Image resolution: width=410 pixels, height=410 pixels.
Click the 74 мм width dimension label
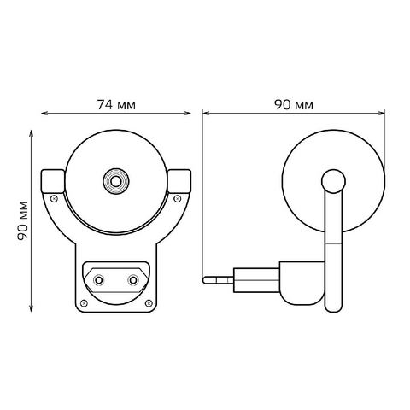click(x=116, y=105)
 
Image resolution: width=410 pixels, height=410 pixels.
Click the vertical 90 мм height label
click(x=23, y=220)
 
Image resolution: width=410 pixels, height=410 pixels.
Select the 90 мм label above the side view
click(x=294, y=105)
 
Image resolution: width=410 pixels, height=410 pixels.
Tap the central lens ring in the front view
click(x=115, y=181)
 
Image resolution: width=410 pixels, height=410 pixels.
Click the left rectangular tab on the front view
click(x=53, y=181)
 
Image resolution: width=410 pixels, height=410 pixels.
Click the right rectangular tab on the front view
click(x=179, y=181)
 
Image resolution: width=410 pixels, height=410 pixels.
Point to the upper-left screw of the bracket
click(x=54, y=198)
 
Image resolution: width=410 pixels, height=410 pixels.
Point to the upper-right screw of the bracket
click(x=177, y=198)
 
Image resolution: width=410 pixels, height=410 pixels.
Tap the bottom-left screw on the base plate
click(x=84, y=303)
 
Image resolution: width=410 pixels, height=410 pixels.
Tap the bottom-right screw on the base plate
click(x=149, y=303)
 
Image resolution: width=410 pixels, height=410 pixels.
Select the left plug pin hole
click(x=98, y=280)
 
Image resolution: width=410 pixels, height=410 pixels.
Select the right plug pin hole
click(x=132, y=280)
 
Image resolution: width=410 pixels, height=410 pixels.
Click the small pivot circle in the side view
click(x=333, y=181)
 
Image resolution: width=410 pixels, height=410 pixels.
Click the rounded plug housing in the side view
click(x=302, y=283)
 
